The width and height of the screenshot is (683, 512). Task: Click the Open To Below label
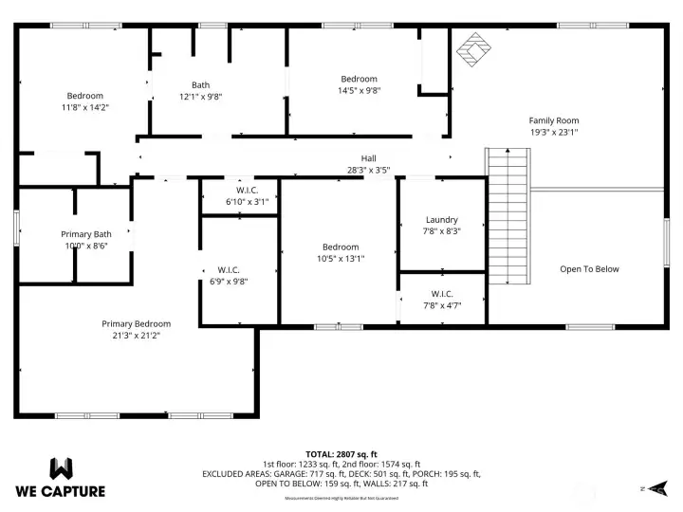pyautogui.click(x=589, y=269)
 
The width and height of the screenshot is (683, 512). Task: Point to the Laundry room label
pyautogui.click(x=441, y=219)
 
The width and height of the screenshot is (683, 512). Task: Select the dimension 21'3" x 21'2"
pyautogui.click(x=136, y=336)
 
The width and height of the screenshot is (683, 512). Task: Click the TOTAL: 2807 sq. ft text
pyautogui.click(x=341, y=454)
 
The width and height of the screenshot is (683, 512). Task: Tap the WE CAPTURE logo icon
pyautogui.click(x=61, y=468)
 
